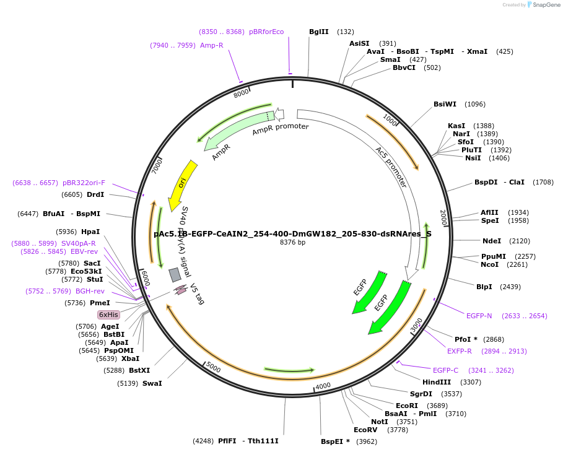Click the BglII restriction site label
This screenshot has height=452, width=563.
319,32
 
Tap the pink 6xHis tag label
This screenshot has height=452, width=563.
108,315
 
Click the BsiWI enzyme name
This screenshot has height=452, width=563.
445,104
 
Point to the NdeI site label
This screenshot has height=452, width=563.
492,241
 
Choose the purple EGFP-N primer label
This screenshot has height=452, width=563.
479,316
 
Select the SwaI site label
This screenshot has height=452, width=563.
152,383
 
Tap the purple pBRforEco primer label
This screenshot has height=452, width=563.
266,32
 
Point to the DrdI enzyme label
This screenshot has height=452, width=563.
95,194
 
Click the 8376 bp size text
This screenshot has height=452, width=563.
292,243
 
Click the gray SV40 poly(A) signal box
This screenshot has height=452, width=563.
175,274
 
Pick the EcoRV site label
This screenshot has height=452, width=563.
365,430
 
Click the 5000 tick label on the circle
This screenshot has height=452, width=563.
213,368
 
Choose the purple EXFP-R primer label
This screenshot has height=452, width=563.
460,351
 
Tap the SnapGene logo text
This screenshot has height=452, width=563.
544,5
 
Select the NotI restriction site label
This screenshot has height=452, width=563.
379,422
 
